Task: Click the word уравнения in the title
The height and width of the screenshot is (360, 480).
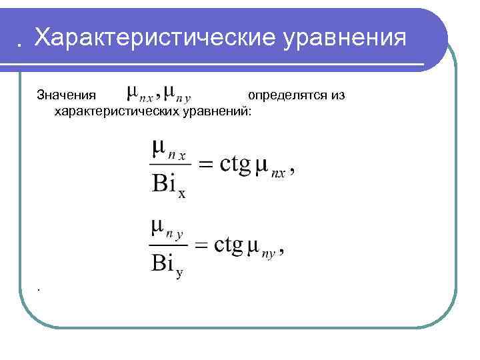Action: click(x=344, y=37)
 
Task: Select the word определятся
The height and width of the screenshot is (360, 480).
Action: click(x=287, y=95)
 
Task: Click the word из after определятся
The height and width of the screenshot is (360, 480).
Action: click(x=337, y=95)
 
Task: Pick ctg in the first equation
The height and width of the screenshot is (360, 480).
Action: click(x=234, y=165)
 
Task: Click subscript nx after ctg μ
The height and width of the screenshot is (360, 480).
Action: click(x=278, y=173)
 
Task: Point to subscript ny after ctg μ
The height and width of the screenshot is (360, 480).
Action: click(x=269, y=253)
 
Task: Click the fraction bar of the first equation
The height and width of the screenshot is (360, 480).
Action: click(x=171, y=164)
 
